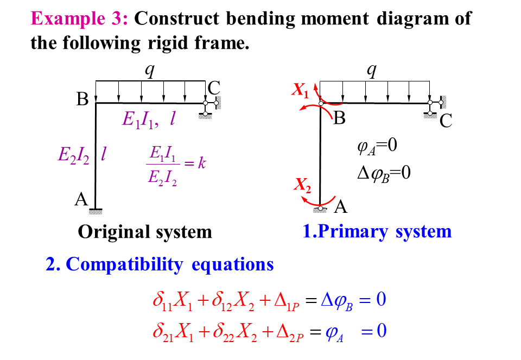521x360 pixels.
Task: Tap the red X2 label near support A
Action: coord(302,185)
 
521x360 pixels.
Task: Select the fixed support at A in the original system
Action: coord(96,210)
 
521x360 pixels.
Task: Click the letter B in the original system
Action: coord(82,100)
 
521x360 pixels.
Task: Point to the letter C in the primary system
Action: coord(446,121)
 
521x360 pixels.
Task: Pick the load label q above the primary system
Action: coord(372,71)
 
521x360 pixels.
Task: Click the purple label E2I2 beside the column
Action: coord(74,155)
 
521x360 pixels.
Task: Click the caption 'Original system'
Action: coord(145,232)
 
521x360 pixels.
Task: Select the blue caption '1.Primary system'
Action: coord(377,231)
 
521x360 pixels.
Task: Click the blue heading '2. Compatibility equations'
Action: coord(160,264)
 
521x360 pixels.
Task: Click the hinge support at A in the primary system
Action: coord(321,208)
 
